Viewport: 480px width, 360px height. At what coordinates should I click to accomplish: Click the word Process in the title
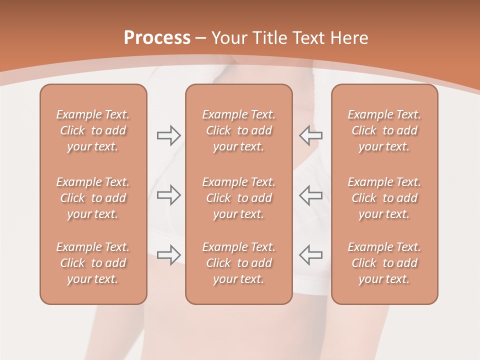[x=157, y=38]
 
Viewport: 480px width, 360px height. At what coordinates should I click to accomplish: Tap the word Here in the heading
[x=348, y=38]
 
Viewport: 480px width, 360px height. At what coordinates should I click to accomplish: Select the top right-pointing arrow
[x=168, y=135]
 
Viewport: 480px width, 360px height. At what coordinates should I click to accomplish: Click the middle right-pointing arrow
[x=168, y=195]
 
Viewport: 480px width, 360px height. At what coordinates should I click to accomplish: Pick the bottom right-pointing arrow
[x=168, y=254]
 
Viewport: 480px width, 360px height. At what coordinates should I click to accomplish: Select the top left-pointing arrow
[x=310, y=135]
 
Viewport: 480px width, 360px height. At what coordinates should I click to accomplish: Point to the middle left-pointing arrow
[x=310, y=195]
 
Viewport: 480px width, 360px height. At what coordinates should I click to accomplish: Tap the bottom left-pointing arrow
[x=310, y=254]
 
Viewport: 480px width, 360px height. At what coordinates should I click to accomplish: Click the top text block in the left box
[x=93, y=130]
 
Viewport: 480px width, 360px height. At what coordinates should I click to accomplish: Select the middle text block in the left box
[x=93, y=198]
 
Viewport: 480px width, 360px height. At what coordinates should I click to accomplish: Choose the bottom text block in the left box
[x=93, y=263]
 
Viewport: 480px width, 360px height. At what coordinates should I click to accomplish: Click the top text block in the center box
[x=238, y=130]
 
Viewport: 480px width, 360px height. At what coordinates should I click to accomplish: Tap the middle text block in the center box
[x=238, y=198]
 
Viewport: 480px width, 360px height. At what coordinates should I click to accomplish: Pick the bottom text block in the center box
[x=238, y=263]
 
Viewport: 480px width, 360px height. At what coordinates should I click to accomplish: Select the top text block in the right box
[x=384, y=130]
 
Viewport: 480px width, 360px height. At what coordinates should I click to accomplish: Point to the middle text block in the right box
[x=384, y=198]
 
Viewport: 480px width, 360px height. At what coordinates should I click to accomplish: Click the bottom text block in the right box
[x=384, y=263]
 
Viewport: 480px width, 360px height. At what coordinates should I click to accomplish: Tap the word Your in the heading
[x=228, y=38]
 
